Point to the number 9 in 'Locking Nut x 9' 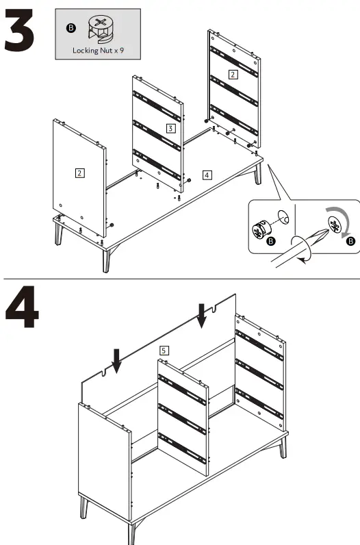click(x=121, y=51)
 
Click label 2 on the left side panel click(x=79, y=173)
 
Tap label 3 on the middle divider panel click(x=170, y=128)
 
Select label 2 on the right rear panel click(x=233, y=74)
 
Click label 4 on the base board click(x=207, y=175)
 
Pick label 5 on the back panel click(x=163, y=350)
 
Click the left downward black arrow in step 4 click(x=117, y=360)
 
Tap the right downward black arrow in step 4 click(x=201, y=315)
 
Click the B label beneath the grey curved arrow click(x=351, y=241)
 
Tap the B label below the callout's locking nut click(x=270, y=241)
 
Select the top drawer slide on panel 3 click(x=158, y=102)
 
